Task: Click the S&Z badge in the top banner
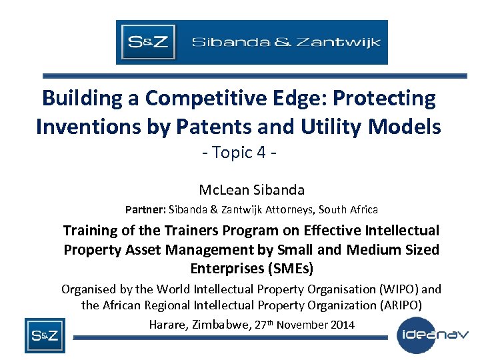147,42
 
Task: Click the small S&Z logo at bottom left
45,335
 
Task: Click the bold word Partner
145,209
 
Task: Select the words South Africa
348,209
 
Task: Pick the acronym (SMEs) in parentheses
285,268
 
